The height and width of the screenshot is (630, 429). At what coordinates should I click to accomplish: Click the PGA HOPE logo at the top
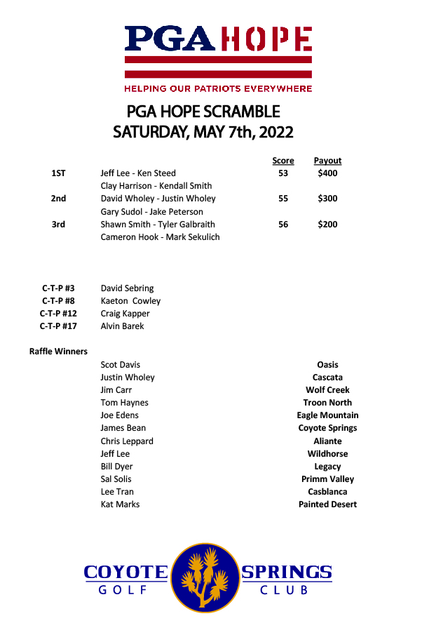point(218,51)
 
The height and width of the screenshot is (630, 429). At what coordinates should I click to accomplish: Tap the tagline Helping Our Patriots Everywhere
point(218,89)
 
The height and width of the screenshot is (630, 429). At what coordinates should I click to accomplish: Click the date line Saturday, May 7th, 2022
point(203,132)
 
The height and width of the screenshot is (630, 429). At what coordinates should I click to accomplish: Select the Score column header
point(283,161)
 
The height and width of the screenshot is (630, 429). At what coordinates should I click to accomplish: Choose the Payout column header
point(327,161)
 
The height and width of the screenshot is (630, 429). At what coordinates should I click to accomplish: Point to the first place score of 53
point(283,173)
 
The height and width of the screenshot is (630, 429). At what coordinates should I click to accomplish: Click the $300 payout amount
point(327,199)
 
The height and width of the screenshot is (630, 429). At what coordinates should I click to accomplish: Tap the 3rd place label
point(58,224)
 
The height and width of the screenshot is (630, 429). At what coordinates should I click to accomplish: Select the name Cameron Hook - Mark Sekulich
point(160,237)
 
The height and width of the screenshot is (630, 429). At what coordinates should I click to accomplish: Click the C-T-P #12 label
point(58,314)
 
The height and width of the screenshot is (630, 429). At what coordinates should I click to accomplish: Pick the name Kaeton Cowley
point(130,301)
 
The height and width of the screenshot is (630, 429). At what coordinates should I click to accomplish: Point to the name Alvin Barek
point(123,326)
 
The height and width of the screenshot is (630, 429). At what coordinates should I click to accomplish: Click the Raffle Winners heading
point(58,351)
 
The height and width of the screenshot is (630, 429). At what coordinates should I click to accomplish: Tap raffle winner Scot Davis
point(121,365)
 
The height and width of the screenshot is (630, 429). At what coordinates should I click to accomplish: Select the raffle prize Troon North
point(327,403)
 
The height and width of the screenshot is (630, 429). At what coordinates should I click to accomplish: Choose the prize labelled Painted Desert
point(327,504)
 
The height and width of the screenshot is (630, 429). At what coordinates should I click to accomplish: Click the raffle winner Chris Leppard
point(127,441)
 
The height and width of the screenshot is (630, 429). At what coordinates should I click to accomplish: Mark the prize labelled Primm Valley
point(327,479)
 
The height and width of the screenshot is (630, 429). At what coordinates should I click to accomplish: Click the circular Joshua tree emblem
point(204,576)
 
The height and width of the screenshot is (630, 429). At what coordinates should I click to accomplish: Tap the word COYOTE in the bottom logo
point(126,572)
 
